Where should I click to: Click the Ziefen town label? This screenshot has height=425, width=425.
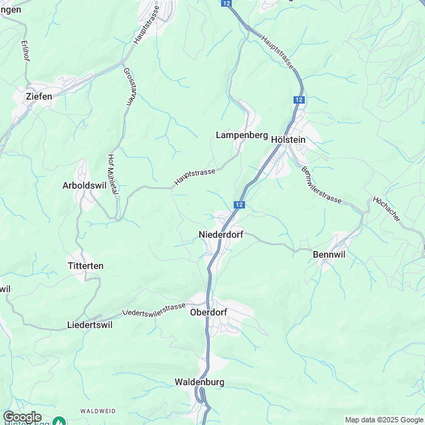coord(39,96)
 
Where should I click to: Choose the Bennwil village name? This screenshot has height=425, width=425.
coord(330,254)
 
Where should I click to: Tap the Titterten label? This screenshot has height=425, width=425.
coord(86,266)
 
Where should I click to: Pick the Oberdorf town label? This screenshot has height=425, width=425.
coord(209,312)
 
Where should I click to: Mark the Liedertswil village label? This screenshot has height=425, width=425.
coord(90,325)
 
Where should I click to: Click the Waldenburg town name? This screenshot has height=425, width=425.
coord(200,382)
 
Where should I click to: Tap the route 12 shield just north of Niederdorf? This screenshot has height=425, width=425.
coord(239,205)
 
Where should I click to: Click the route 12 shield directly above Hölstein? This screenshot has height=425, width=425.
coord(299,100)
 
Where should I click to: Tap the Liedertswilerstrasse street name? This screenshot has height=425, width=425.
coord(154,309)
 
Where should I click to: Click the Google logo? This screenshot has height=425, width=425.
coord(21,416)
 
